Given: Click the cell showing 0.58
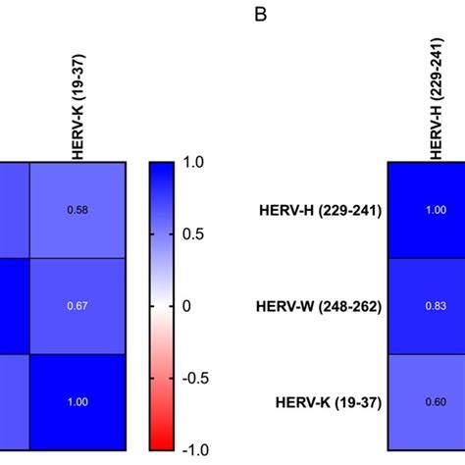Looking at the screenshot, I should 77,210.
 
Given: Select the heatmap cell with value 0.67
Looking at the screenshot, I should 77,305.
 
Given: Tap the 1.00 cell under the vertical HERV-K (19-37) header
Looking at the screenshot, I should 77,402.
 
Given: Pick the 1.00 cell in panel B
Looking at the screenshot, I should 426,210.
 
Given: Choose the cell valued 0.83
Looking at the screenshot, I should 426,305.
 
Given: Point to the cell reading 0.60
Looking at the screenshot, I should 426,402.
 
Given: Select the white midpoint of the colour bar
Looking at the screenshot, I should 163,306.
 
